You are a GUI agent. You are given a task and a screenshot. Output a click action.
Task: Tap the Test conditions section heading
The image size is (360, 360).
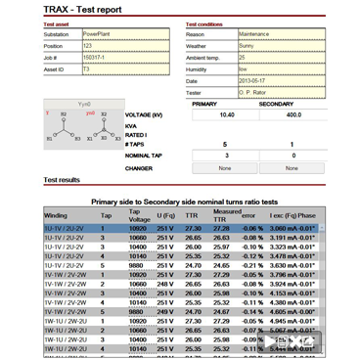211,24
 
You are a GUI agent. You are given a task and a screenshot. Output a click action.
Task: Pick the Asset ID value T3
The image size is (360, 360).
100,69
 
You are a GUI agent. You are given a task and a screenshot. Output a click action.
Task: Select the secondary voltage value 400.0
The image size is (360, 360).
292,115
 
